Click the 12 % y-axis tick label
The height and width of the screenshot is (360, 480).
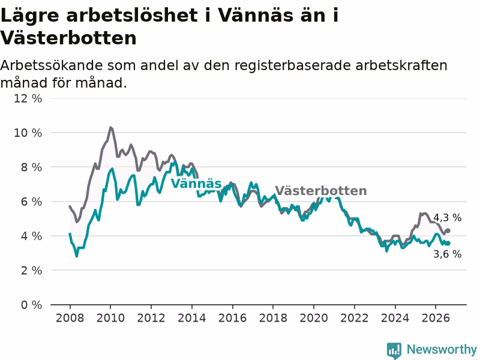[x=28, y=98]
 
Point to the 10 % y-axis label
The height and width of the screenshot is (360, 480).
[x=28, y=133]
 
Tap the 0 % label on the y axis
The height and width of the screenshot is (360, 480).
[x=31, y=305]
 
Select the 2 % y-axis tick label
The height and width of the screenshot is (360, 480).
[x=31, y=271]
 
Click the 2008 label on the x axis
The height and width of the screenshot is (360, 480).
[x=70, y=318]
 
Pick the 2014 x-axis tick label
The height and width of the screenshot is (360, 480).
[x=191, y=318]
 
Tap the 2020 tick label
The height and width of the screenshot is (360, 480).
[x=313, y=318]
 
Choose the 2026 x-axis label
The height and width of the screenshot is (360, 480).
[x=436, y=318]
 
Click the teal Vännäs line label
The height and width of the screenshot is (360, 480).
[x=196, y=184]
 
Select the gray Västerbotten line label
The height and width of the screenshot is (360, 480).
[x=321, y=191]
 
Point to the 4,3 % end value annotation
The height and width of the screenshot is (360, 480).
[x=447, y=218]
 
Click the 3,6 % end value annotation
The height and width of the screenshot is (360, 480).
[x=447, y=254]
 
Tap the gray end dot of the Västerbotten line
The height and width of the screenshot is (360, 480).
[x=448, y=230]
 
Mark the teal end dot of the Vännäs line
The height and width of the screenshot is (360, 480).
[x=448, y=244]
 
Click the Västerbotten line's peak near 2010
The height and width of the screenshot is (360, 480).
[x=110, y=128]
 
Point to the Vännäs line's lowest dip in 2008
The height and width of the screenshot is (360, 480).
[x=77, y=256]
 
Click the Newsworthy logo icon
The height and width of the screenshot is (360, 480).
[x=394, y=350]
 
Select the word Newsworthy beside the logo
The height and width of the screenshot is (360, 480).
[x=442, y=349]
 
